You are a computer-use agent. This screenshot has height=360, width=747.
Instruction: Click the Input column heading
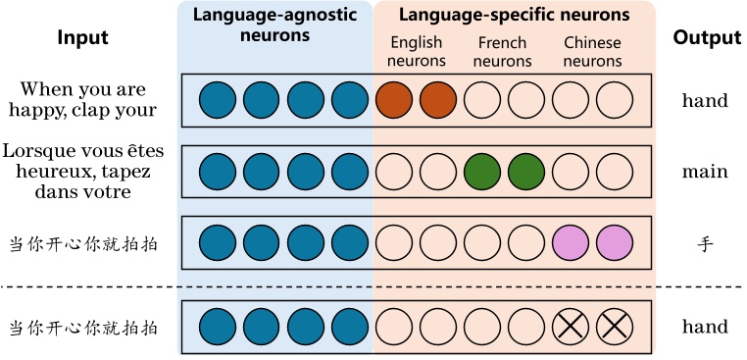tap(82, 38)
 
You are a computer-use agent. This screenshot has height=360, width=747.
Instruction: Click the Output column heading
tap(706, 38)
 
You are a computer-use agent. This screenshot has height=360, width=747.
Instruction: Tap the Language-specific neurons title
tap(510, 15)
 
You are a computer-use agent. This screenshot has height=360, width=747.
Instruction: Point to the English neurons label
tap(416, 52)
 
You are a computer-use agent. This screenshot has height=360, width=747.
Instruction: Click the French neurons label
tap(504, 52)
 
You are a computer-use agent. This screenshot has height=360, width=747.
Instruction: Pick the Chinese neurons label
tap(592, 52)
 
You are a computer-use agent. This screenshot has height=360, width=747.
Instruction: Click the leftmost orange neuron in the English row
tap(394, 99)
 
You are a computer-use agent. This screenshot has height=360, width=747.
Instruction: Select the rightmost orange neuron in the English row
tap(438, 99)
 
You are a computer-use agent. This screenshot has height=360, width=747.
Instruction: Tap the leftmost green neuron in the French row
tap(482, 172)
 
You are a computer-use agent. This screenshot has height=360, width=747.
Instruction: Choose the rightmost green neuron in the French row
tap(526, 172)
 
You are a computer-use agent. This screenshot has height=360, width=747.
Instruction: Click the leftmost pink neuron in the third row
tap(571, 242)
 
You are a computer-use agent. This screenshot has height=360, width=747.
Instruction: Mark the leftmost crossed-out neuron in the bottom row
tap(571, 328)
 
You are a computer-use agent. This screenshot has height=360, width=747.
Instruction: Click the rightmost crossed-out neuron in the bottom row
tap(615, 328)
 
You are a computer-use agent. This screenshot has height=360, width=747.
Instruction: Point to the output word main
tap(705, 172)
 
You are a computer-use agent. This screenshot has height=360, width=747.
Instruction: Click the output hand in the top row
tap(705, 99)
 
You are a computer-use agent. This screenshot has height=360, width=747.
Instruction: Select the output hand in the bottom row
tap(705, 327)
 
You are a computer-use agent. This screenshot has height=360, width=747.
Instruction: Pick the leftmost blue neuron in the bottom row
tap(218, 328)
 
